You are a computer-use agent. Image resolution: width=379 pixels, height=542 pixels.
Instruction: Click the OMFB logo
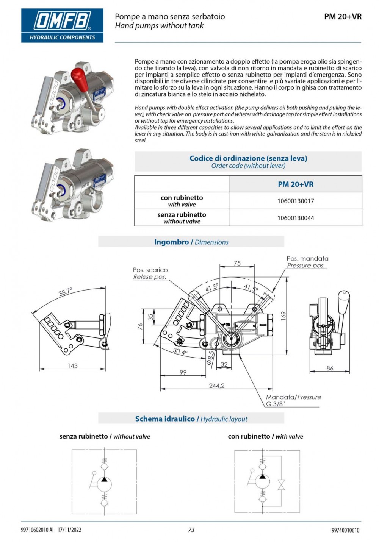[62, 25]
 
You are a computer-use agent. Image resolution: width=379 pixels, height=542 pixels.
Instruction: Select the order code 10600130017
[296, 201]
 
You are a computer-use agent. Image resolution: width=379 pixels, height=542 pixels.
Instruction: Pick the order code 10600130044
[296, 218]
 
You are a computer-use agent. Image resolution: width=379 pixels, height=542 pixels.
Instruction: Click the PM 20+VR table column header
[296, 184]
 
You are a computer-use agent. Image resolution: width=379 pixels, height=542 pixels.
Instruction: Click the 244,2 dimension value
[217, 386]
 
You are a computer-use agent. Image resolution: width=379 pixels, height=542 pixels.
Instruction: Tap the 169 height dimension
[283, 316]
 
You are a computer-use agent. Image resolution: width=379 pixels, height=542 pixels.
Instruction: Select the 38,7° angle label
[65, 292]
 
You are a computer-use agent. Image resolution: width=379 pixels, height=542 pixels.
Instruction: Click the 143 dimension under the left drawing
[72, 366]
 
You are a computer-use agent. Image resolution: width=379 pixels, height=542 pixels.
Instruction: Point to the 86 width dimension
[330, 368]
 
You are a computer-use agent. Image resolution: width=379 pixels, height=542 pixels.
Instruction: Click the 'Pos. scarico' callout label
[150, 270]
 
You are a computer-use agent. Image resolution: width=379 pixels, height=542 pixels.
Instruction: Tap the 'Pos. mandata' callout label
[307, 259]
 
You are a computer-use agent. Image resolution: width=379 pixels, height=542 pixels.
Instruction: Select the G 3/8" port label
[275, 404]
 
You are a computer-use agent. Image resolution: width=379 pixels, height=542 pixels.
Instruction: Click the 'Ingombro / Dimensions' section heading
[191, 242]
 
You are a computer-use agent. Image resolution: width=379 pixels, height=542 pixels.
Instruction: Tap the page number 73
[191, 530]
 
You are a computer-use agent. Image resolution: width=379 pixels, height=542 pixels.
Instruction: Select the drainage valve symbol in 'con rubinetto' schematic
[281, 485]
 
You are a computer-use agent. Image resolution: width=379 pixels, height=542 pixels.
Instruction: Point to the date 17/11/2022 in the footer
[69, 530]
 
